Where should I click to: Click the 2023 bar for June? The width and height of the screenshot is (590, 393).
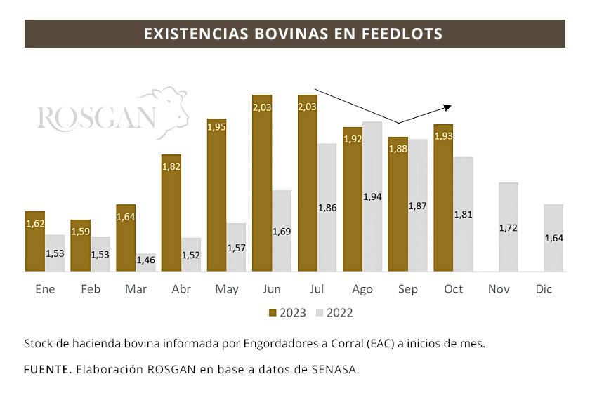click(262, 182)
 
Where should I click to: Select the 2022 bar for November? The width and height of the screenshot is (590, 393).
click(509, 227)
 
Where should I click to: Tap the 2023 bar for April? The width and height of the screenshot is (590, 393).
click(171, 213)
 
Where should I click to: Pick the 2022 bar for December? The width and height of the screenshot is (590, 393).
click(554, 237)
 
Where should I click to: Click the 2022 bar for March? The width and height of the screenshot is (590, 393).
click(146, 262)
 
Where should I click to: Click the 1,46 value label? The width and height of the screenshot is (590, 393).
click(146, 260)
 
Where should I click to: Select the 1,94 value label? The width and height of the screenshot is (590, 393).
click(373, 196)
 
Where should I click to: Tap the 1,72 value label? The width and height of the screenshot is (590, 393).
click(509, 228)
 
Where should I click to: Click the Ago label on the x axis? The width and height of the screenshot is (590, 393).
click(362, 290)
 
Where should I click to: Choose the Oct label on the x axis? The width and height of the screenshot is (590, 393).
click(454, 290)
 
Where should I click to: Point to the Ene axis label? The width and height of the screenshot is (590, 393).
click(45, 290)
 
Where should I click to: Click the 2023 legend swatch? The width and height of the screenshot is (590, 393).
click(273, 313)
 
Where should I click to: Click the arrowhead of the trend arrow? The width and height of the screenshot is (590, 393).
click(447, 107)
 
